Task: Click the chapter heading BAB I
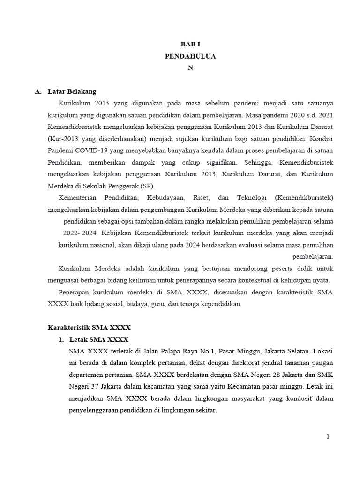(190, 44)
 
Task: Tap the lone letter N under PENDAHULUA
(190, 67)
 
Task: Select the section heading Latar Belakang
(72, 91)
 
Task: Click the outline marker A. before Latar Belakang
(38, 91)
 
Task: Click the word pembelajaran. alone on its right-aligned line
(313, 257)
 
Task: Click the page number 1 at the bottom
(328, 437)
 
